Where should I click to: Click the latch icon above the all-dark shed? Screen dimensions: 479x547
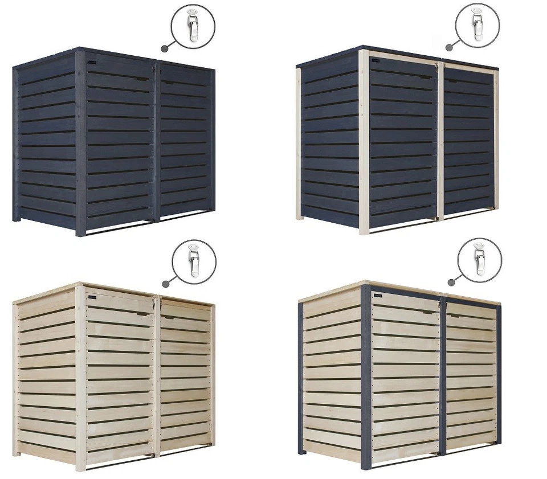pyautogui.click(x=194, y=26)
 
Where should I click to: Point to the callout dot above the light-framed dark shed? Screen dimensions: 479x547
pyautogui.click(x=448, y=48)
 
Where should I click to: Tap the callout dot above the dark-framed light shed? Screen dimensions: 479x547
pyautogui.click(x=450, y=281)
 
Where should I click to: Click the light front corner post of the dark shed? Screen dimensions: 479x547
pyautogui.click(x=364, y=142)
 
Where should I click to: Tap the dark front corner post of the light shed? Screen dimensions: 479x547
pyautogui.click(x=366, y=376)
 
